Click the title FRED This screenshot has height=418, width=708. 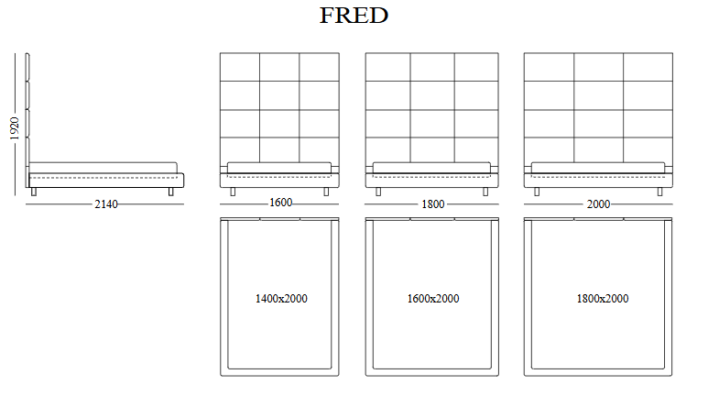coord(354,16)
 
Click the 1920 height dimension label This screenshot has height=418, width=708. coord(14,127)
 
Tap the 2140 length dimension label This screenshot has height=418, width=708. coord(106,203)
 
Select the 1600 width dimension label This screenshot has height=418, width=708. coord(280,203)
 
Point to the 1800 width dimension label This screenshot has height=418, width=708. coord(433,203)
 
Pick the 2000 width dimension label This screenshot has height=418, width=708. coord(598,203)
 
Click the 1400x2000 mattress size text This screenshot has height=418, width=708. coord(281,299)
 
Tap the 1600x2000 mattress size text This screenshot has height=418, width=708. coord(433,299)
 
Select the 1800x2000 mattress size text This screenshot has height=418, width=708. coord(603,299)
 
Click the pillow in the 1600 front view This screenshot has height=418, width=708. coord(279,167)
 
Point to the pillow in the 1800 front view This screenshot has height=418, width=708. coord(432,167)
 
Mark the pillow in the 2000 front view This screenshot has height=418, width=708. coord(598,167)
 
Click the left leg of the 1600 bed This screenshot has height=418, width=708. coord(232,192)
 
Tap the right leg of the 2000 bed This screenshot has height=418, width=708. coord(659,192)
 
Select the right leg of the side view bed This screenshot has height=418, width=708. coord(170,192)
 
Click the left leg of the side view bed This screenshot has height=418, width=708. coord(34,192)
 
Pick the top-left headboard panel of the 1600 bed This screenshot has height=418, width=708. coord(240,67)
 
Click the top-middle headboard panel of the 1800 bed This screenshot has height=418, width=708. coord(432,67)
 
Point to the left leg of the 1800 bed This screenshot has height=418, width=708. coord(378,192)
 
